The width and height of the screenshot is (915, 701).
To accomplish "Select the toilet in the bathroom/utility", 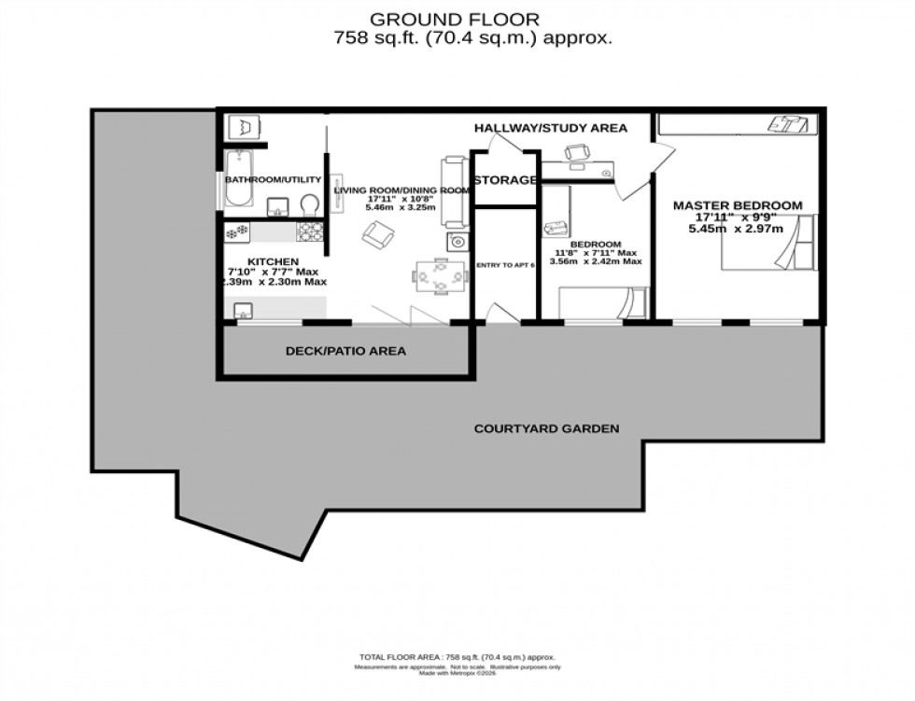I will pyautogui.click(x=308, y=204).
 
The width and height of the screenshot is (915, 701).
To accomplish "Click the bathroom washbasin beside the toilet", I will pyautogui.click(x=277, y=205).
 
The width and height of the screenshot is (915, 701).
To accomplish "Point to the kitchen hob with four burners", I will pyautogui.click(x=310, y=231).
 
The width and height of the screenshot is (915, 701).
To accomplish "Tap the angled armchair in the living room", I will pyautogui.click(x=378, y=235).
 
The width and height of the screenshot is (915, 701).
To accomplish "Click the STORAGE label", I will pyautogui.click(x=504, y=180).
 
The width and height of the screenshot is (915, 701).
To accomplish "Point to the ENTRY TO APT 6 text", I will pyautogui.click(x=505, y=265).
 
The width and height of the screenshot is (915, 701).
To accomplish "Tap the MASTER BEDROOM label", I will pyautogui.click(x=738, y=205).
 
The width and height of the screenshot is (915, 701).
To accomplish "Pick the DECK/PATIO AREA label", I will pyautogui.click(x=345, y=352).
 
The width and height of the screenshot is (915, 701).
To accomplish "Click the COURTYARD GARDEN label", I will pyautogui.click(x=546, y=429).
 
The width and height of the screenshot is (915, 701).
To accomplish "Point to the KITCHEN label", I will pyautogui.click(x=273, y=261).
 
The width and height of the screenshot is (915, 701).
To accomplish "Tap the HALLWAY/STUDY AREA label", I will pyautogui.click(x=551, y=128).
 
